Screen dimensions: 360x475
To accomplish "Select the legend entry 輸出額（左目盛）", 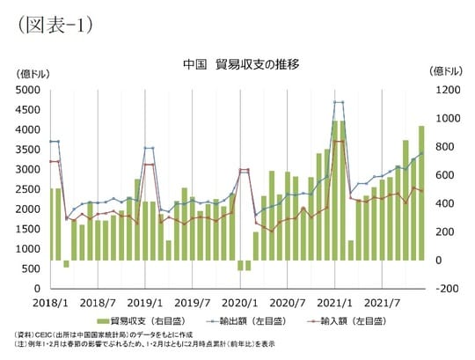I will click(257, 321).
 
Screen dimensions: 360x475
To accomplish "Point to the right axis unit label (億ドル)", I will click(444, 70).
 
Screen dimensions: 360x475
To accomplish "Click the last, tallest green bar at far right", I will click(421, 194).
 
